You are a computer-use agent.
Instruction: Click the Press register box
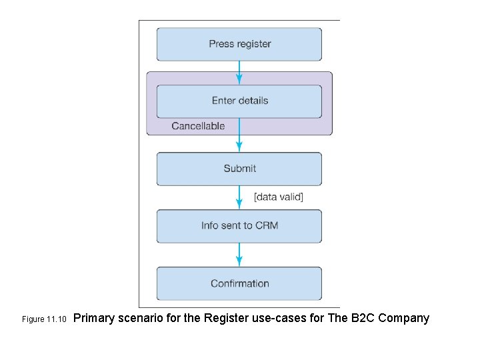(239, 44)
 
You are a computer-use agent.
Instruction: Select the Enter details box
(239, 101)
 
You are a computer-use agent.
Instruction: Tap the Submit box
(239, 169)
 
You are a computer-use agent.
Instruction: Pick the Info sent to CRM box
(239, 226)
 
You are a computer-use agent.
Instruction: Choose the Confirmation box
(239, 283)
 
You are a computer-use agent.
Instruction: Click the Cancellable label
(198, 126)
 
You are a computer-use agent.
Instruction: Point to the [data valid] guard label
(278, 197)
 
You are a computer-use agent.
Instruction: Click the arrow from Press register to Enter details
(239, 72)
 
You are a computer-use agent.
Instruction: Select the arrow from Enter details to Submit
(239, 136)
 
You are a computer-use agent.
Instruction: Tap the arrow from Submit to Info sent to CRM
(239, 197)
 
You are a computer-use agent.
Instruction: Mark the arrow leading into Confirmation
(239, 255)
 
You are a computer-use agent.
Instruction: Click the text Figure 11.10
(45, 319)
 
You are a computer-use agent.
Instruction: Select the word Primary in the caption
(95, 318)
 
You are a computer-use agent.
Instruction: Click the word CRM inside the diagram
(266, 226)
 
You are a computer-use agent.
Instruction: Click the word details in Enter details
(253, 101)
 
